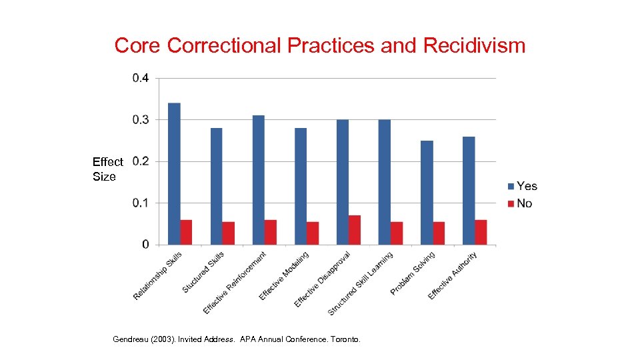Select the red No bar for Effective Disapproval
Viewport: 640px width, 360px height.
pyautogui.click(x=355, y=230)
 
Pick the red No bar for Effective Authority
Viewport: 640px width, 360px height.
pyautogui.click(x=481, y=232)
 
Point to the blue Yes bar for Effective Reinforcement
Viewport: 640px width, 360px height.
pyautogui.click(x=258, y=179)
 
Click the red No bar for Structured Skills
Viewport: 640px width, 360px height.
pyautogui.click(x=229, y=233)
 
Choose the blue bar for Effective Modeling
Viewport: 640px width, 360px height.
pyautogui.click(x=301, y=186)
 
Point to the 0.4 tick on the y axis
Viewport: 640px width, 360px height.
pyautogui.click(x=141, y=78)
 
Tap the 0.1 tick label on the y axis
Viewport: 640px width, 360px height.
pyautogui.click(x=141, y=203)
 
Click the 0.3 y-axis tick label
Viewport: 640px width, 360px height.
pyautogui.click(x=141, y=119)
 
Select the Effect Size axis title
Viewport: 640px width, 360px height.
pyautogui.click(x=107, y=169)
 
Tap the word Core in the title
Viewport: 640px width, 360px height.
pyautogui.click(x=138, y=45)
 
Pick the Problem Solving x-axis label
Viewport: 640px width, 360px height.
pyautogui.click(x=413, y=274)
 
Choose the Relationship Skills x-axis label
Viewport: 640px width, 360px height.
pyautogui.click(x=157, y=275)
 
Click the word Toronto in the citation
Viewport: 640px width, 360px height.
pyautogui.click(x=345, y=339)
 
